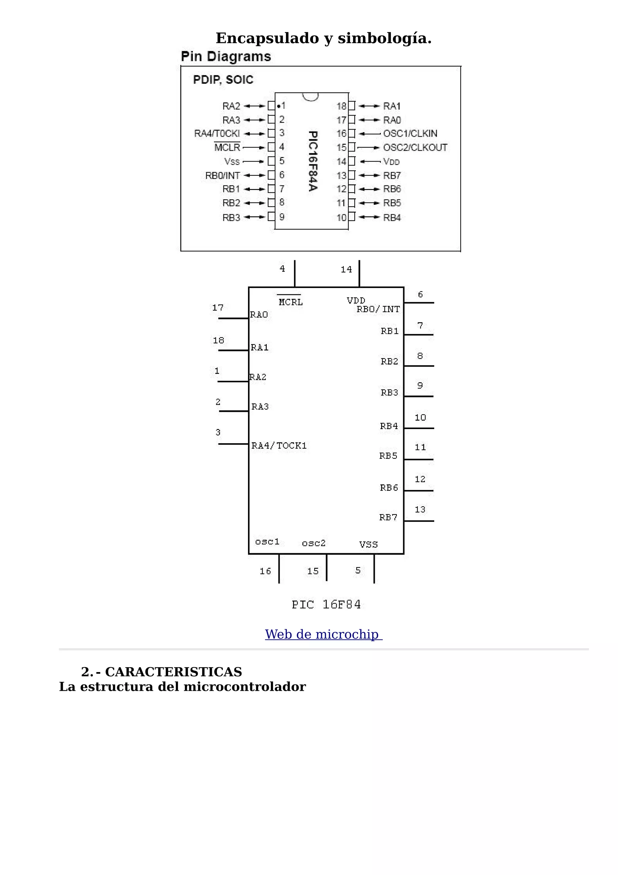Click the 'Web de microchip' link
coord(323,634)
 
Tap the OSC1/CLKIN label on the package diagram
coord(410,133)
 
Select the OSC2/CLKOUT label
coord(415,147)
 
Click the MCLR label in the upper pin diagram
coord(227,147)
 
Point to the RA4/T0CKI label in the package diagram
coord(217,133)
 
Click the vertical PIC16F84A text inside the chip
coord(313,161)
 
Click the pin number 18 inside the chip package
coord(341,106)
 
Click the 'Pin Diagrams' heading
coord(226,56)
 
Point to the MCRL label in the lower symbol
coord(291,302)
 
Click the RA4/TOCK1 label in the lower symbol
coord(279,446)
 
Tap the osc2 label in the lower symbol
coord(314,543)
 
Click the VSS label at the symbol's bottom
coord(368,544)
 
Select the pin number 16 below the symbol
coord(266,571)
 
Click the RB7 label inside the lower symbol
coord(388,517)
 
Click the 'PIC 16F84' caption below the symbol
coord(326,604)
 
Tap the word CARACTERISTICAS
coord(173,671)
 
